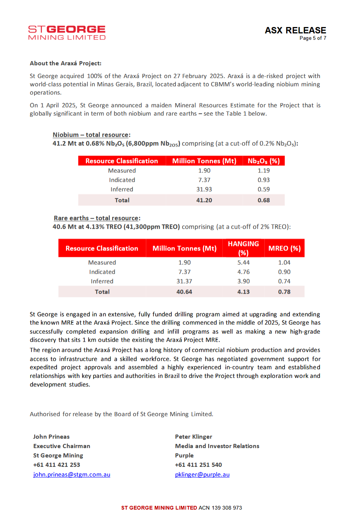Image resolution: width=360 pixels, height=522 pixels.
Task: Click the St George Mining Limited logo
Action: pos(67,33)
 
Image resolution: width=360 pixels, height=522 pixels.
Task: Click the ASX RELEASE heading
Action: pos(295,30)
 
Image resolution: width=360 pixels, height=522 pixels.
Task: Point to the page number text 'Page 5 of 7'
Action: pos(313,38)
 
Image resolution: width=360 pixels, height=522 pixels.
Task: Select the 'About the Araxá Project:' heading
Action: pos(66,63)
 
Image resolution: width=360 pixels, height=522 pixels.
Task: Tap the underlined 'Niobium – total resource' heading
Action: pos(91,135)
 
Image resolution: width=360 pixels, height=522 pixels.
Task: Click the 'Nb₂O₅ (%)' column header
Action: pos(264,161)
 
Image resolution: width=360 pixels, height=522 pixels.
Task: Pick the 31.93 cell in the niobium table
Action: pos(204,189)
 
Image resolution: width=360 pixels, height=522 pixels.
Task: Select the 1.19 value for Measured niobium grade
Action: pos(264,171)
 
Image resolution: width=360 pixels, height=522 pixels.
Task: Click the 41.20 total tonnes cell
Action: pos(204,200)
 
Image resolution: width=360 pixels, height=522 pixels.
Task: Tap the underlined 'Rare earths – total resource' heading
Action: pos(97,218)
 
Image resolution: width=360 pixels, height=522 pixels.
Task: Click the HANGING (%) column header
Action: pos(243,248)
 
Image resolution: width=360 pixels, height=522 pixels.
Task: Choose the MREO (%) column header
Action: pos(284,248)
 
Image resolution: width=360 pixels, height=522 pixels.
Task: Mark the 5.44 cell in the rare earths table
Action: pos(243,262)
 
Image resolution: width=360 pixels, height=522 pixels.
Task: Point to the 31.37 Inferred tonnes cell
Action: pos(184,281)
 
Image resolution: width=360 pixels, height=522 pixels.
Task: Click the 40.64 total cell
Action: pos(184,292)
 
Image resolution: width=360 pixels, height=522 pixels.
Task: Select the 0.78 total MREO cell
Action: pos(284,292)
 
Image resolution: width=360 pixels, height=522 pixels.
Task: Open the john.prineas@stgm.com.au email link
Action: pos(72,474)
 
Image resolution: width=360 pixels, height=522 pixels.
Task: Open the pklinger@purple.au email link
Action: pos(202,474)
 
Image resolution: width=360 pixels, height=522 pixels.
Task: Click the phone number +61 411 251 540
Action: pos(198,465)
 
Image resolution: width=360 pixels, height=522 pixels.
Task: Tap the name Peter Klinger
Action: pos(193,436)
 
